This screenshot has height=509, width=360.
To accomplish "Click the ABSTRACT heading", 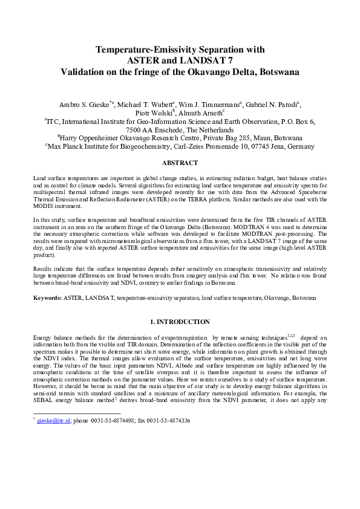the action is pos(180,163).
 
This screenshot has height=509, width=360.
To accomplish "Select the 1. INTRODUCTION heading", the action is pos(180,322).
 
